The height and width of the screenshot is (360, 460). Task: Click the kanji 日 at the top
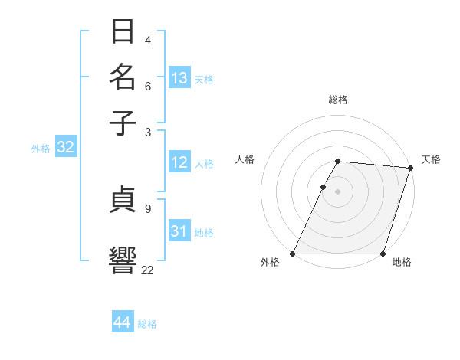tap(123, 33)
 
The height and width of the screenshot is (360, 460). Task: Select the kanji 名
tap(123, 78)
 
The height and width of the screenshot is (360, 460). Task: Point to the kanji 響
tap(123, 258)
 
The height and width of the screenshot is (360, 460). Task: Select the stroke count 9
tap(147, 207)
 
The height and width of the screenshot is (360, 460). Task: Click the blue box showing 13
tap(179, 78)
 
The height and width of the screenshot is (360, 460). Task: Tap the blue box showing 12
tap(179, 162)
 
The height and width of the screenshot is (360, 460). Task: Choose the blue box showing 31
tap(179, 231)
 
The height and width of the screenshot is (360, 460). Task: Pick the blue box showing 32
tap(65, 148)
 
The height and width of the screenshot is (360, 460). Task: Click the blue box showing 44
tap(123, 322)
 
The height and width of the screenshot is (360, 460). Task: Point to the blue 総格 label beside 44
tap(147, 324)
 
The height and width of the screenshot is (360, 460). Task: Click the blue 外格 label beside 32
tap(41, 149)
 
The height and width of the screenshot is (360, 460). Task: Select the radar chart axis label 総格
tap(338, 100)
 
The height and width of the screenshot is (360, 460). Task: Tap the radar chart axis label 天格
tap(431, 159)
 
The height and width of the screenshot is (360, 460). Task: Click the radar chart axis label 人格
tap(245, 159)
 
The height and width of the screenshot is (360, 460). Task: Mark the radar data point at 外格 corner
tap(293, 254)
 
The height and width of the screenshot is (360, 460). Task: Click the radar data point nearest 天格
tap(411, 168)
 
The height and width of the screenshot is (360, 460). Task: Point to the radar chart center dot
tap(338, 191)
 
